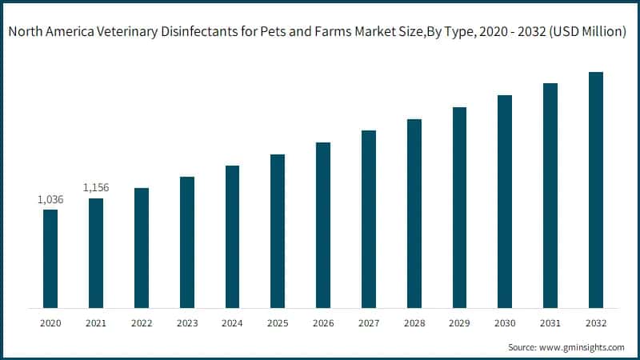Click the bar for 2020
(x=50, y=258)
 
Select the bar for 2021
(x=96, y=253)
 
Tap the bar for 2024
(x=232, y=237)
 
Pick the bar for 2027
(x=368, y=219)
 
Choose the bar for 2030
(x=505, y=202)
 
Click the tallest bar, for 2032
(x=595, y=190)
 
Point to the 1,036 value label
(x=50, y=199)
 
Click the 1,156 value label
(x=96, y=188)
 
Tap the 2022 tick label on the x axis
(x=141, y=323)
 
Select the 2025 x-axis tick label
(x=278, y=323)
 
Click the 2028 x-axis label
(x=414, y=323)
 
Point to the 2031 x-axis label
(x=550, y=323)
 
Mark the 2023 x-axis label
(x=186, y=323)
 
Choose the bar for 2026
(x=323, y=225)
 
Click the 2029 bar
(x=459, y=207)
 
